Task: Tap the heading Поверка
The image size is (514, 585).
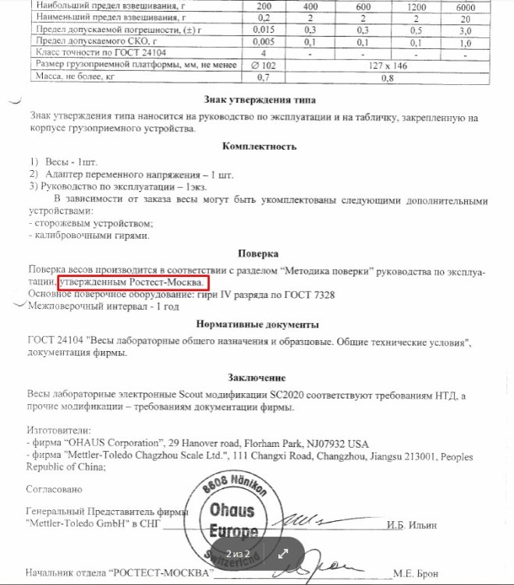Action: (257, 253)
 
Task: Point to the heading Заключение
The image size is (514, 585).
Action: (257, 378)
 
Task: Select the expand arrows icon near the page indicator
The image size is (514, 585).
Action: (283, 554)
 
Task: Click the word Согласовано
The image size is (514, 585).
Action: (54, 489)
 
